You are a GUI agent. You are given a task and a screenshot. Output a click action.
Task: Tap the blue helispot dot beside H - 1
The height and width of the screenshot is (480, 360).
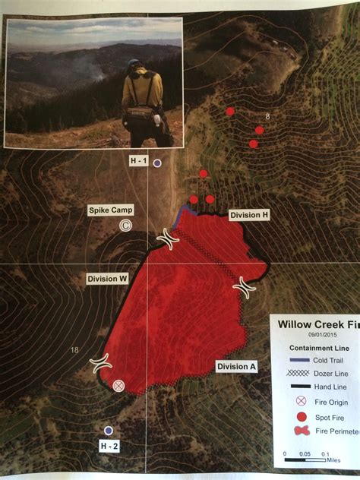157,163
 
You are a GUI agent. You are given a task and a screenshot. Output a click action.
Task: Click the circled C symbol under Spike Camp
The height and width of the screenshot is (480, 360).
125,226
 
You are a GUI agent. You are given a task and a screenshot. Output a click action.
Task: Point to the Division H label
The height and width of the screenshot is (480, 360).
250,215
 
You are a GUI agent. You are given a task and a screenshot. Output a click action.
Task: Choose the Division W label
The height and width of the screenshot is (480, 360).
107,279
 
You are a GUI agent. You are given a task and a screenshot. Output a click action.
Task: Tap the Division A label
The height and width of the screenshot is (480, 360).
237,367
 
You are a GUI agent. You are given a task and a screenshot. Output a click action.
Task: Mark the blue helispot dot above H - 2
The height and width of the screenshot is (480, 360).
109,431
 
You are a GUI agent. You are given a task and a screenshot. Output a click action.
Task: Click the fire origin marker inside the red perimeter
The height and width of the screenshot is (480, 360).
118,386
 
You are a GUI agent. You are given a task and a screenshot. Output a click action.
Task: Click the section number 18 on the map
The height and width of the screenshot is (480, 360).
74,349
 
